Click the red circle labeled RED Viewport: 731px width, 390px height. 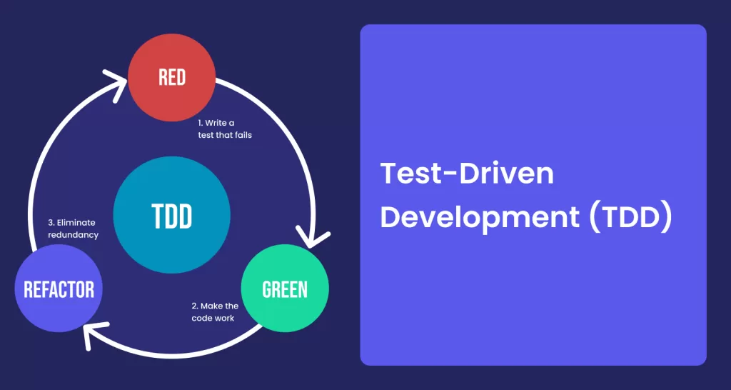171,77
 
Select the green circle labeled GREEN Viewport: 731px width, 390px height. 285,289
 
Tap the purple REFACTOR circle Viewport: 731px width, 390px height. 59,289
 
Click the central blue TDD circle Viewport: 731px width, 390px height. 171,214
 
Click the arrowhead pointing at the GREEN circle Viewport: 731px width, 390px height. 314,239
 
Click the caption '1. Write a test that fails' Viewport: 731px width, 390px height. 223,129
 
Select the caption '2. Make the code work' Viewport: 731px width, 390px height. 215,312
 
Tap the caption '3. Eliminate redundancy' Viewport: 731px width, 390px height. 74,229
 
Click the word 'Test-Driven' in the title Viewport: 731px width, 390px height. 467,174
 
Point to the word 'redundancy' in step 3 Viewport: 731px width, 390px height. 74,235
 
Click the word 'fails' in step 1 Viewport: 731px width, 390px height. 244,135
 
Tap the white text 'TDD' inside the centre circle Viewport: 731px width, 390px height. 171,216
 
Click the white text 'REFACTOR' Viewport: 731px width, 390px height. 59,289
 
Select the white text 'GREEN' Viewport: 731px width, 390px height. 285,289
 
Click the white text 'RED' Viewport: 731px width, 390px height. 172,77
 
